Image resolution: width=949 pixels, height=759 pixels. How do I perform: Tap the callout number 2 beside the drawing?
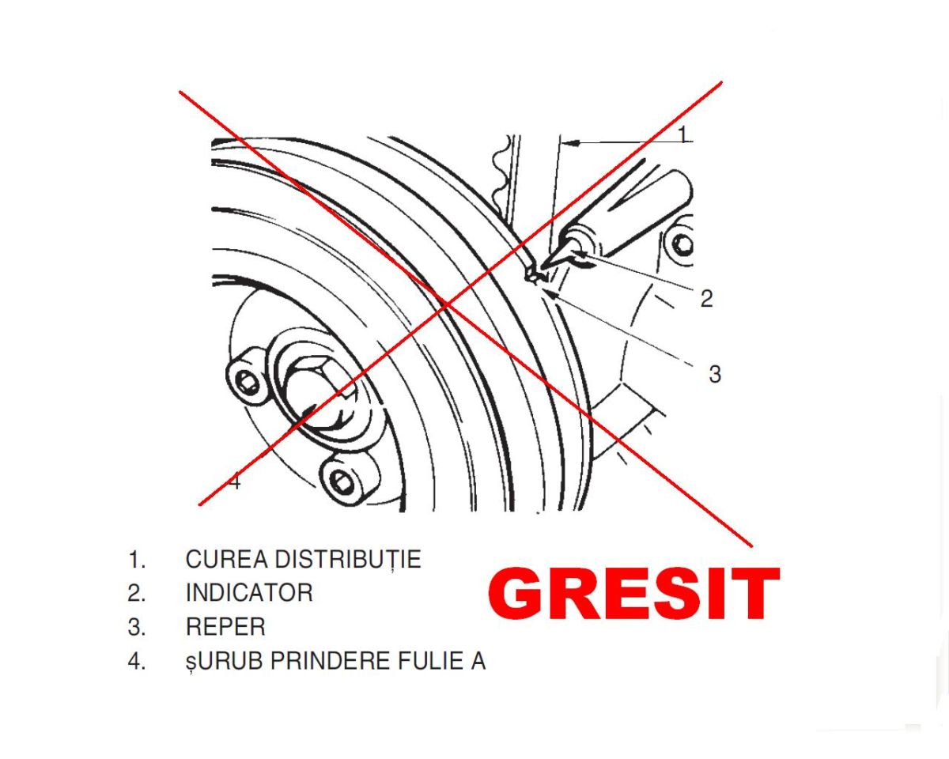pos(706,298)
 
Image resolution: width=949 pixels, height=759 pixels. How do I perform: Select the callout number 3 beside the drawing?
pos(714,374)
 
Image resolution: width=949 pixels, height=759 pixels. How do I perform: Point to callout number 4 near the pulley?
pos(234,481)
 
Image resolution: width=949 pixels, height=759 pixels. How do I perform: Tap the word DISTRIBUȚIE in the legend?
pos(347,560)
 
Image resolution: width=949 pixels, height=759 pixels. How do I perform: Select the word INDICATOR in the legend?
pos(249,593)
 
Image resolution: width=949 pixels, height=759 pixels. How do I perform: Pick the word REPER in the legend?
pos(225,628)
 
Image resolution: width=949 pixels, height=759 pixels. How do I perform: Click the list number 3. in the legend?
pos(137,628)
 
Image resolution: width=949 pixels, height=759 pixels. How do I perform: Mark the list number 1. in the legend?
pos(137,560)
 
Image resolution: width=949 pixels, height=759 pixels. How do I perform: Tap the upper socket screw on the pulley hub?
pos(248,384)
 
